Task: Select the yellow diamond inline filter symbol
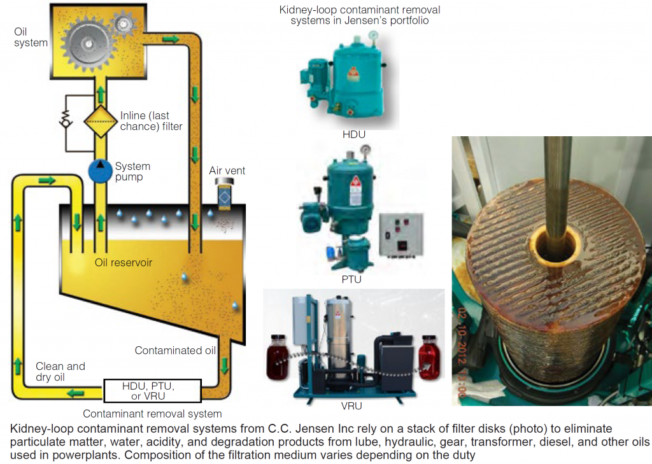click(x=100, y=121)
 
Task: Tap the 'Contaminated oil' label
click(x=175, y=351)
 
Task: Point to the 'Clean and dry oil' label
click(x=60, y=372)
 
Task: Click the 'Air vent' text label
click(x=227, y=171)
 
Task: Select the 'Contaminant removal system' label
click(x=152, y=414)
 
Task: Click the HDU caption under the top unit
click(x=354, y=136)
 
